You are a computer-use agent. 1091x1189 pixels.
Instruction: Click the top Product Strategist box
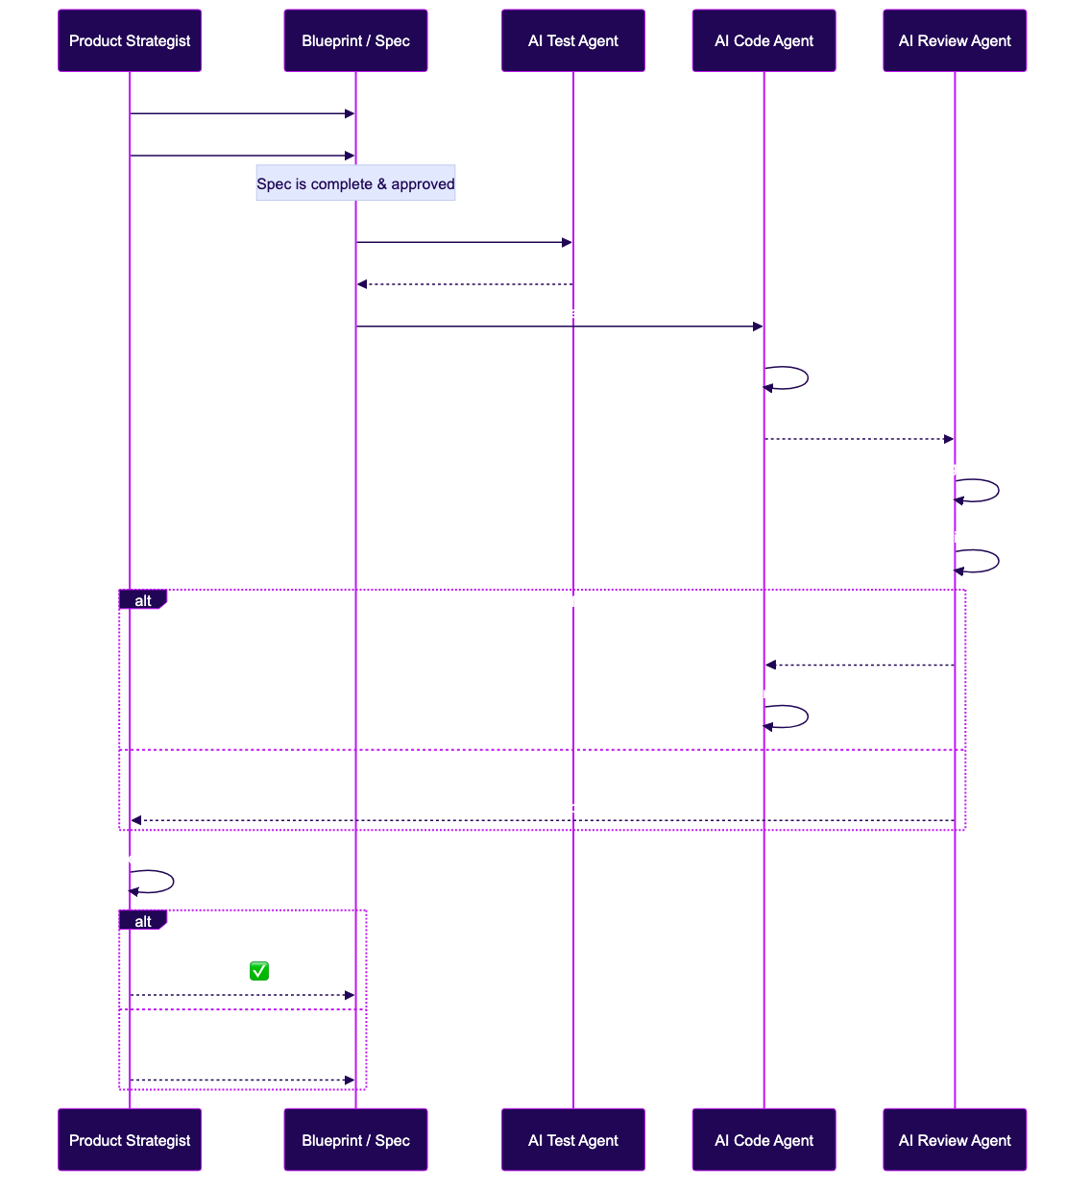[130, 40]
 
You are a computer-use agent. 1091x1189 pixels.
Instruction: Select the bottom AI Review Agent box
[955, 1140]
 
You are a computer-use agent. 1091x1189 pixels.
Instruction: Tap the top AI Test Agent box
[573, 40]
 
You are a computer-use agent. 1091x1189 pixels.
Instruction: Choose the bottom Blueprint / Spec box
[355, 1140]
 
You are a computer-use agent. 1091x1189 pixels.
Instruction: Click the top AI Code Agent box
[764, 40]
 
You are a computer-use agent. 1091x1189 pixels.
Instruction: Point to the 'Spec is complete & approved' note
[355, 183]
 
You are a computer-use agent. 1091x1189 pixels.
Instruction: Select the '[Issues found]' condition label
[566, 602]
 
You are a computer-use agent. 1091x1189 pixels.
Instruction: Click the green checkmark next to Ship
[259, 971]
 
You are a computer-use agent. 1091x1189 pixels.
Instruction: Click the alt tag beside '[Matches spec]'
[142, 922]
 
